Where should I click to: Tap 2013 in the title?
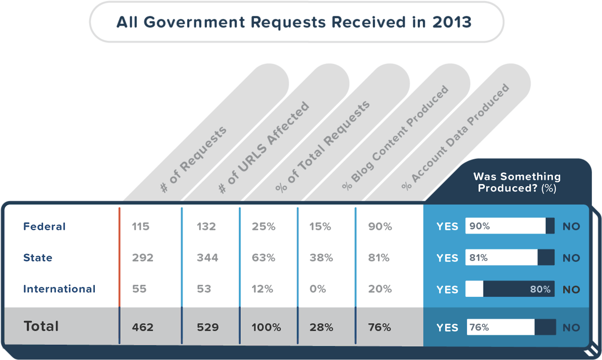pyautogui.click(x=452, y=23)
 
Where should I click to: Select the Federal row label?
pyautogui.click(x=44, y=226)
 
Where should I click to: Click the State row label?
pyautogui.click(x=38, y=258)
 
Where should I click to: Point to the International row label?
pyautogui.click(x=59, y=289)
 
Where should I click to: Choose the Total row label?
pyautogui.click(x=41, y=326)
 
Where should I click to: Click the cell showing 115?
pyautogui.click(x=141, y=226)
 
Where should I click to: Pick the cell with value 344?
pyautogui.click(x=207, y=258)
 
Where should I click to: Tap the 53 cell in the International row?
pyautogui.click(x=203, y=289)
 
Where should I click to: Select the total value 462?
pyautogui.click(x=142, y=327)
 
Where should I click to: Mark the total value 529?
pyautogui.click(x=207, y=327)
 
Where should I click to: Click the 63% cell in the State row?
pyautogui.click(x=263, y=258)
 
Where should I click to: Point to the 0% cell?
pyautogui.click(x=318, y=289)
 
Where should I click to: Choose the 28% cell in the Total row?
pyautogui.click(x=321, y=327)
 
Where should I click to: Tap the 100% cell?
pyautogui.click(x=266, y=327)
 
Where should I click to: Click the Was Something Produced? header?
pyautogui.click(x=517, y=183)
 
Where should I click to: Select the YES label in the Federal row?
pyautogui.click(x=447, y=227)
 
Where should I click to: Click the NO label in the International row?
pyautogui.click(x=571, y=289)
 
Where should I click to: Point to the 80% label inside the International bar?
pyautogui.click(x=540, y=289)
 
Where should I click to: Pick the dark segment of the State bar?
pyautogui.click(x=546, y=258)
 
